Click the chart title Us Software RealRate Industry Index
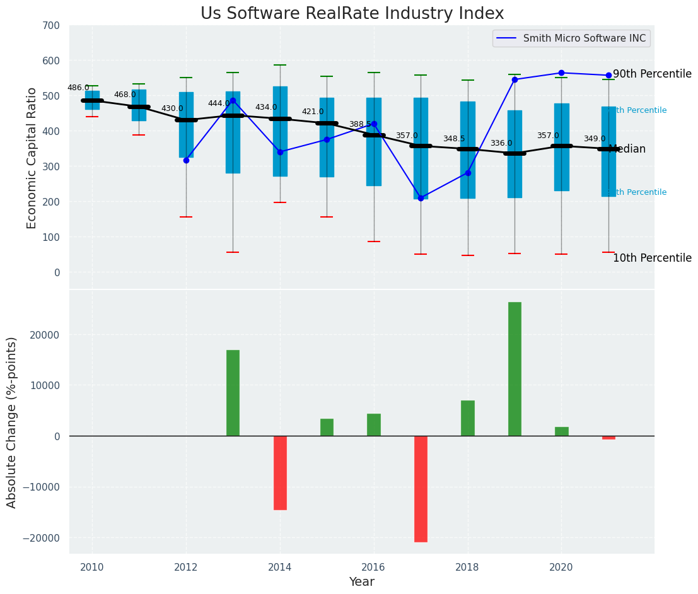click(352, 14)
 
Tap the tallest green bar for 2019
click(515, 369)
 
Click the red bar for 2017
click(421, 489)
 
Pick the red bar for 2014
click(280, 472)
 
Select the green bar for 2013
click(233, 393)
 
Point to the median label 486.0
click(78, 88)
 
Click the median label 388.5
click(360, 124)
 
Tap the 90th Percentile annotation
click(652, 74)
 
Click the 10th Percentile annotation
click(652, 259)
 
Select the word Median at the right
click(627, 149)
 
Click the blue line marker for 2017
click(421, 198)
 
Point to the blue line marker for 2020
click(561, 73)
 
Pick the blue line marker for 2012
click(186, 160)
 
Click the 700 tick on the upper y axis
click(51, 26)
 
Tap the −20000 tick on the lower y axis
click(42, 538)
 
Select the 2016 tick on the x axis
click(373, 567)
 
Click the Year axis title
click(362, 582)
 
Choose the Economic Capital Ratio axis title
click(32, 158)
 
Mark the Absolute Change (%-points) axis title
click(12, 422)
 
